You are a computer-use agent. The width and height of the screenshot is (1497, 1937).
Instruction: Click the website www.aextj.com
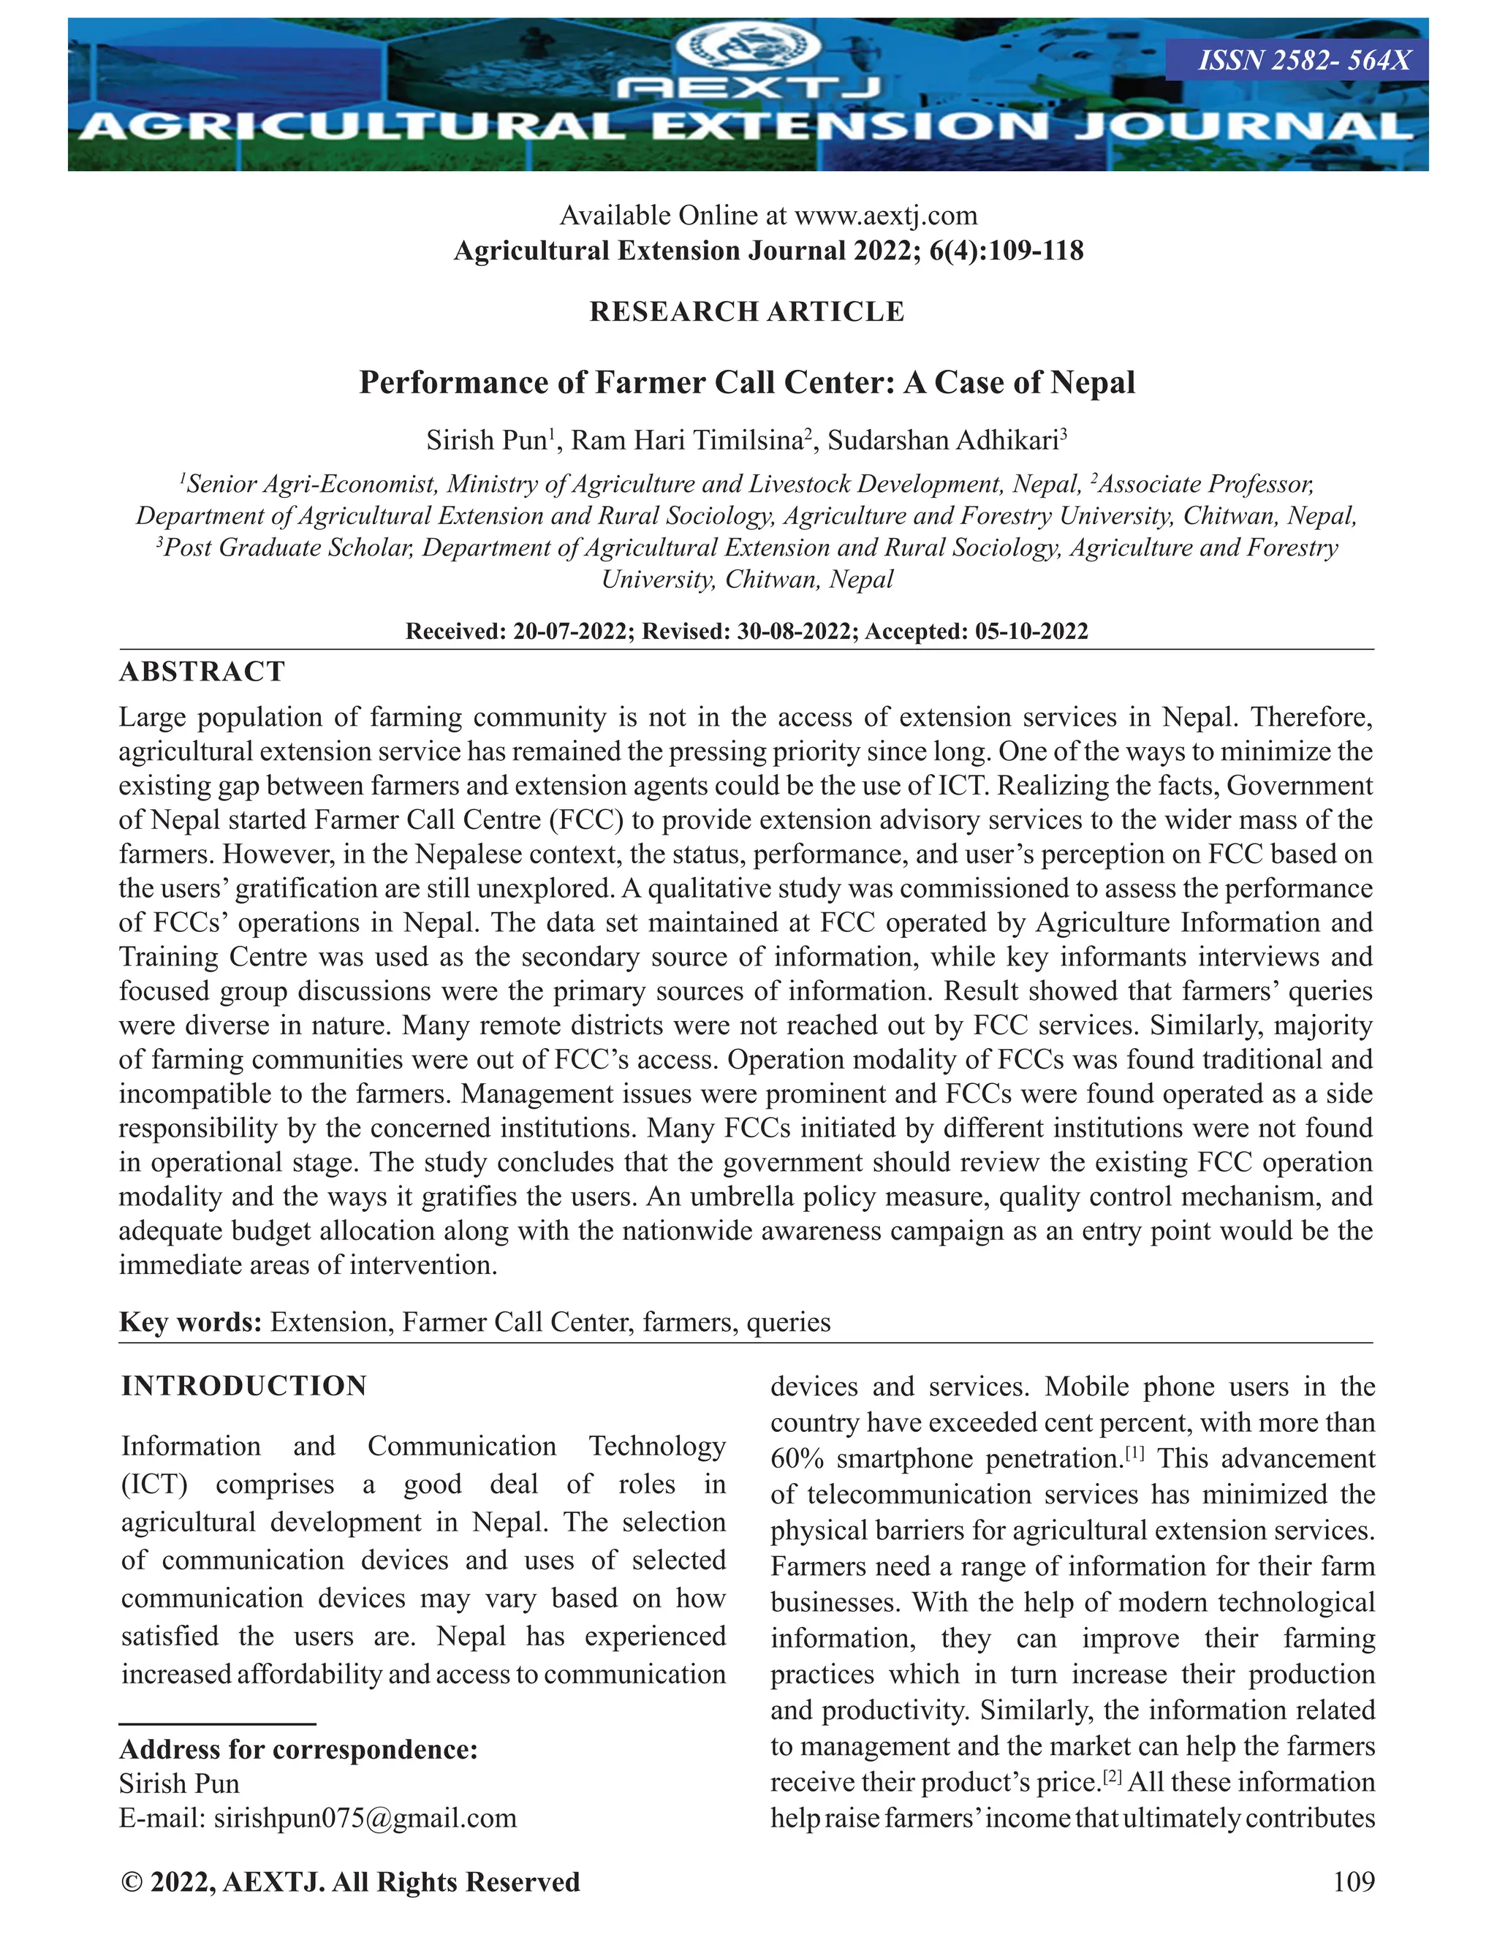885,216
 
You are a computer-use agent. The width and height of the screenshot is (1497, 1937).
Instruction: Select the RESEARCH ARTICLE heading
747,312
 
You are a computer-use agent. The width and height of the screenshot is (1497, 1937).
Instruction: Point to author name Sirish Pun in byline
486,441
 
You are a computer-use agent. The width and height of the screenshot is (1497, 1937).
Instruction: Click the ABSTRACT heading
202,672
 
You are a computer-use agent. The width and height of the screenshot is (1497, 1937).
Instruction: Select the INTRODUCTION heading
244,1386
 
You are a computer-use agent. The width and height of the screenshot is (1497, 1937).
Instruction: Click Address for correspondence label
298,1750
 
